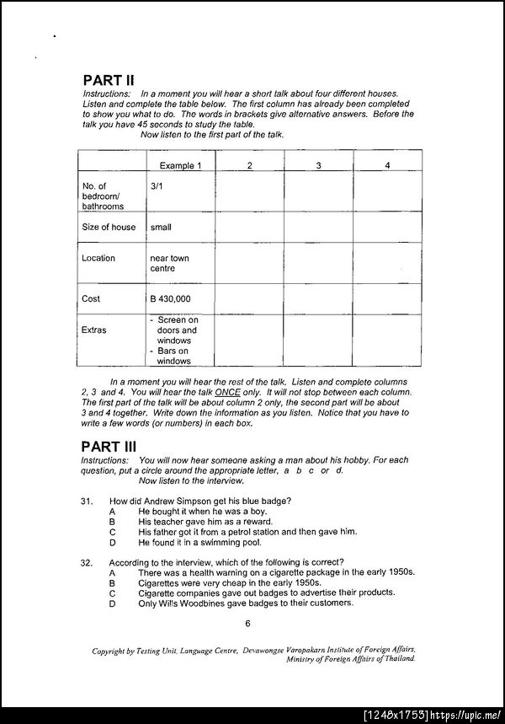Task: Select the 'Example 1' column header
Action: coord(181,166)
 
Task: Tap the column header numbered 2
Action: coord(250,166)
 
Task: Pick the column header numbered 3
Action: coord(319,166)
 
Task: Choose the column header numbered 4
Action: coord(387,166)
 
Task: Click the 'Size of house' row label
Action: coord(109,227)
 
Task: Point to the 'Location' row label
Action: coord(98,258)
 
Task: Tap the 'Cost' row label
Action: coord(91,298)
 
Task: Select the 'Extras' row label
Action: coord(94,330)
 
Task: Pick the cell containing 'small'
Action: coord(161,227)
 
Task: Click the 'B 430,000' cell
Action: coord(170,299)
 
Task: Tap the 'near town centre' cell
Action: coord(168,263)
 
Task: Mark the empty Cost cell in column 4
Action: coord(387,299)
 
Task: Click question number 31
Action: coord(86,501)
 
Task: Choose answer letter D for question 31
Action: coord(112,542)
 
